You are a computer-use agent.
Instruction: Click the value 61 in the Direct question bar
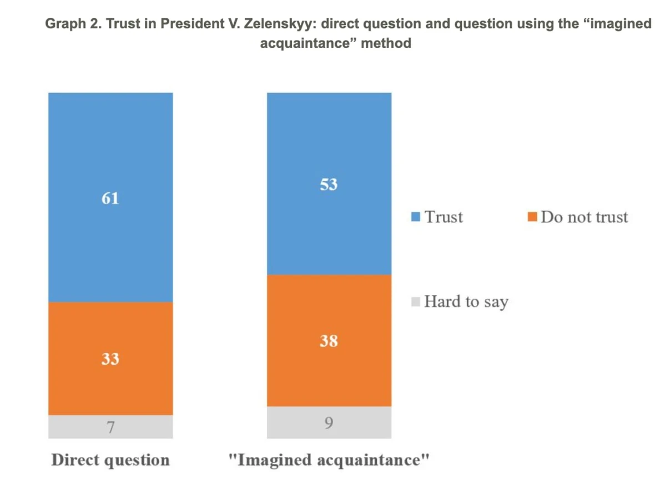tap(110, 198)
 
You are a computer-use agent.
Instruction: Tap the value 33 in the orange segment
tap(110, 359)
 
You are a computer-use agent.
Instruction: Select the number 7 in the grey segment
tap(110, 427)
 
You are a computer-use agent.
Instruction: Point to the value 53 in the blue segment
tap(329, 184)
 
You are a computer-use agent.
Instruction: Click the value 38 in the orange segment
tap(329, 341)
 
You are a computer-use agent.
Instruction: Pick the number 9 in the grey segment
tap(329, 424)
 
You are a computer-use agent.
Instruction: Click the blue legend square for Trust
tap(416, 217)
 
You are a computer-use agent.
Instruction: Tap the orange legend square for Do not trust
tap(532, 217)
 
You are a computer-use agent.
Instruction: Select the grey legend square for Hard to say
tap(416, 302)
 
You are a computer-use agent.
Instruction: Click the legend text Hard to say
tap(466, 302)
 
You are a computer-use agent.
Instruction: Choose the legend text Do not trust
tap(584, 217)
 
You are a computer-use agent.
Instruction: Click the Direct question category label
tap(110, 460)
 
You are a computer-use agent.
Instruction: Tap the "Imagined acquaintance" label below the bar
tap(329, 460)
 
